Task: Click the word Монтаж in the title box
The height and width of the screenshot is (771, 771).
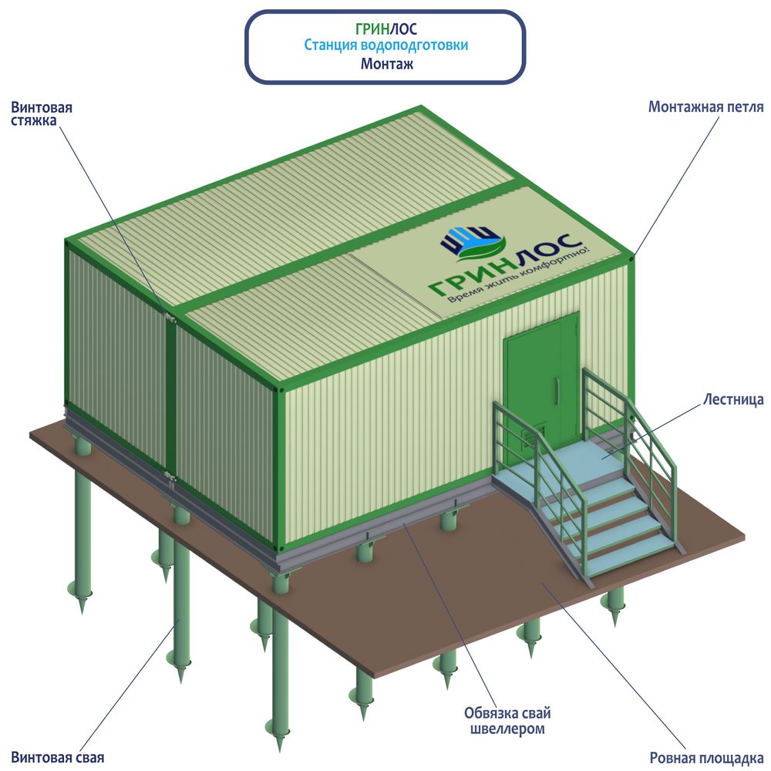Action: coord(386,64)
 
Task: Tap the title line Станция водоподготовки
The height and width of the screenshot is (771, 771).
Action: coord(385,45)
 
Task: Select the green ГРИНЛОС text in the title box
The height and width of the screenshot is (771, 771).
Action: coord(385,29)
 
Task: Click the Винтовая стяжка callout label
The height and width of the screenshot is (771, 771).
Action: coord(42,114)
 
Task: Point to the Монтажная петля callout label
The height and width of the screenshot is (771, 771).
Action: coord(705,106)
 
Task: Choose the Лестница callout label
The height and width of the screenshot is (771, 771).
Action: coord(733,399)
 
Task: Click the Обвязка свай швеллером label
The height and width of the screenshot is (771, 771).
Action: coord(507,720)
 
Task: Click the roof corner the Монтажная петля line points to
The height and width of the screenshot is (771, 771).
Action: coord(634,255)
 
